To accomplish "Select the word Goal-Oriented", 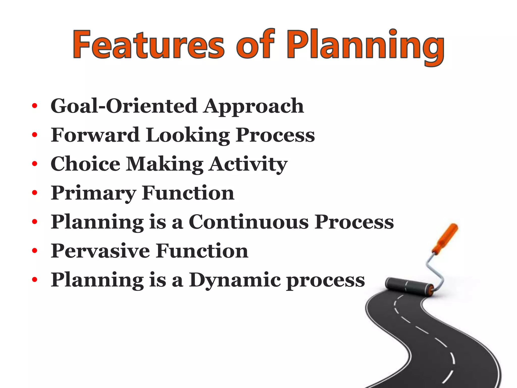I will click(124, 106).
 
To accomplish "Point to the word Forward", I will click(95, 135).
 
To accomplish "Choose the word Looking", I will click(188, 136).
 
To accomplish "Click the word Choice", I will click(85, 164).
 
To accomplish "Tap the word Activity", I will click(248, 165).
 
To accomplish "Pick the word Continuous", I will click(249, 222).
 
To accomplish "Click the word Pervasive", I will click(100, 251).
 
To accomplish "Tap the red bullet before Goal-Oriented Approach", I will click(35, 106).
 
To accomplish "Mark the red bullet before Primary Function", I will click(35, 193).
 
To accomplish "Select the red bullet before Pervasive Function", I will click(35, 251).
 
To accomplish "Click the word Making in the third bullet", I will click(165, 165).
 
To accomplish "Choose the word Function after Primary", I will click(188, 193).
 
